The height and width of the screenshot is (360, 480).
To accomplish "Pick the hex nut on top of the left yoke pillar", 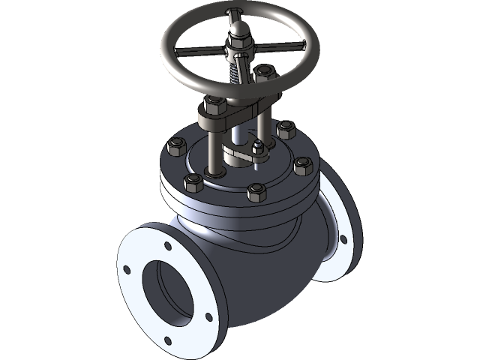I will click(213, 103).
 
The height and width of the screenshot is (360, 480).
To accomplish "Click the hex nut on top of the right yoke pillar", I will click(264, 73).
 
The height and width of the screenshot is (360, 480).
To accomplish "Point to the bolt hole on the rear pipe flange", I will click(343, 240).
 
